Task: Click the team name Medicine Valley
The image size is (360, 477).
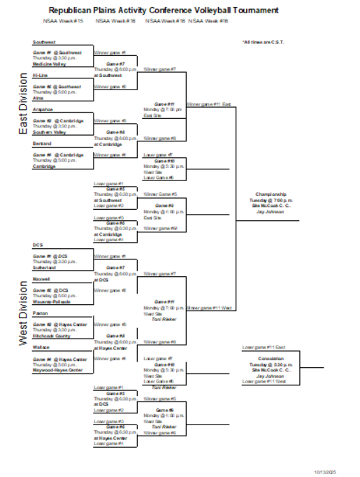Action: (47, 64)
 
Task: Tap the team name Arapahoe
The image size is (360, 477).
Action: (43, 109)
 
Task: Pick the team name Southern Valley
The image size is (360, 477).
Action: (48, 131)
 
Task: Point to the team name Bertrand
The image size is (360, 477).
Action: (42, 143)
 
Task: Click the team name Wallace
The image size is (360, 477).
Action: (41, 347)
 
